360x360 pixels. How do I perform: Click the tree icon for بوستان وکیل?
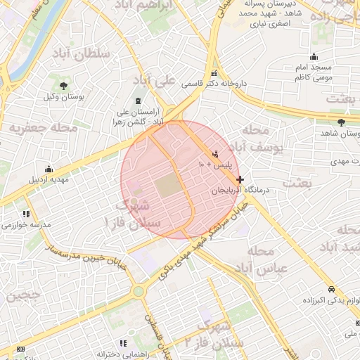tap(64, 86)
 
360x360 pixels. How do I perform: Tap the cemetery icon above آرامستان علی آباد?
tap(137, 101)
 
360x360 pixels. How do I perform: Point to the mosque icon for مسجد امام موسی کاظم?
tap(315, 58)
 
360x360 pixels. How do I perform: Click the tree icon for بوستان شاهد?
tap(341, 122)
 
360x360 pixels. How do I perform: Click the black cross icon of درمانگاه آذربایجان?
tap(240, 179)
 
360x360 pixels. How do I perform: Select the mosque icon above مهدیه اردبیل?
tap(49, 169)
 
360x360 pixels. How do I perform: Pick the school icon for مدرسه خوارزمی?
tap(27, 214)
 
